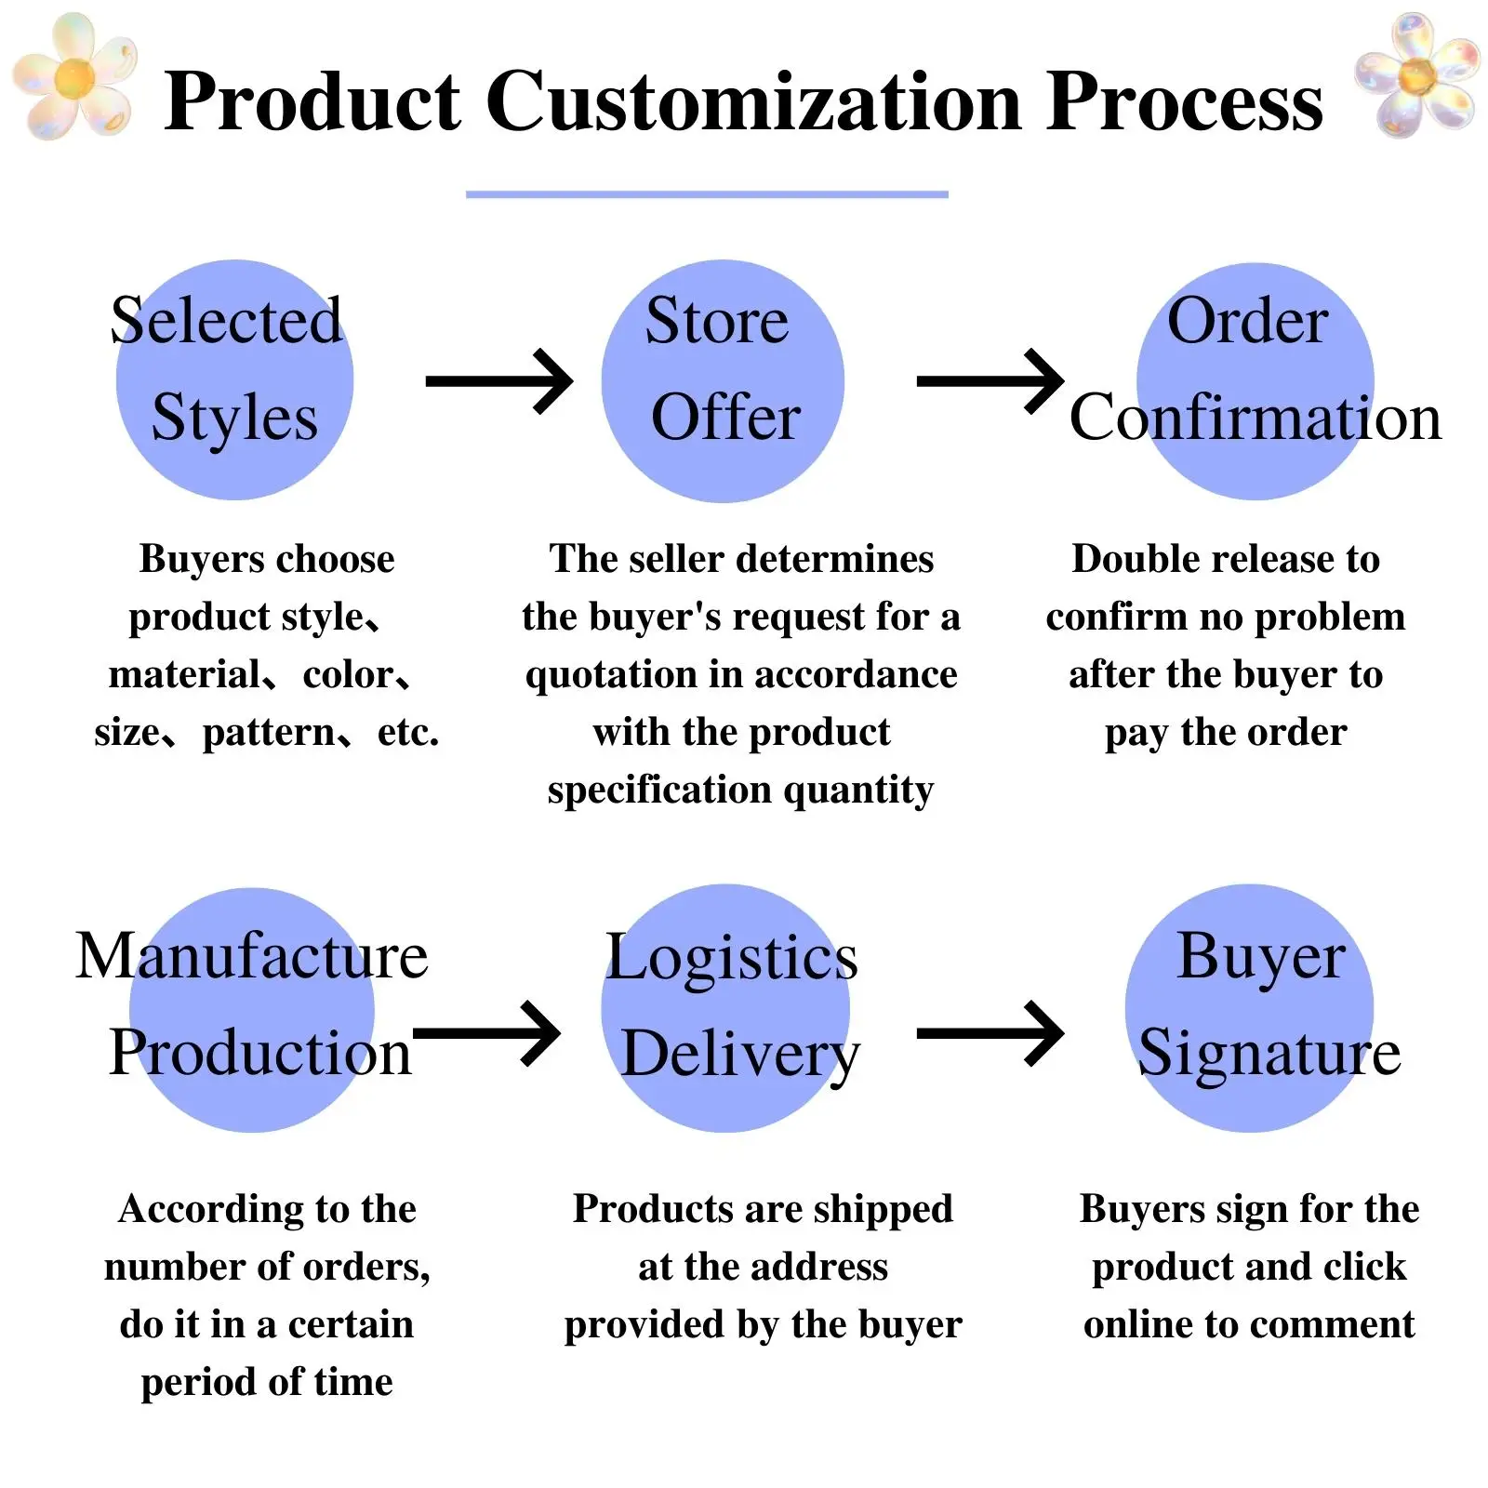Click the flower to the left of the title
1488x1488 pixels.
74,76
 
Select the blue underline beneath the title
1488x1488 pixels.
707,194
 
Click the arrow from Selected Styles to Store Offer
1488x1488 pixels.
499,381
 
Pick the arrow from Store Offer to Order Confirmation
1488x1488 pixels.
990,381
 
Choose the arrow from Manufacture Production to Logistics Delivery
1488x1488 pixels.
486,1033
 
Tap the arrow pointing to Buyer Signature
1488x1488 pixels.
990,1033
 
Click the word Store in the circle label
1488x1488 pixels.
717,321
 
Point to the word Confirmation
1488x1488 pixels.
1255,418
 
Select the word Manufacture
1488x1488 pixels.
251,956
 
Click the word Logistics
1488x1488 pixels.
731,958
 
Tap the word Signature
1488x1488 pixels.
1269,1054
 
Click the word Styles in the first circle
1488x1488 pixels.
234,418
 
